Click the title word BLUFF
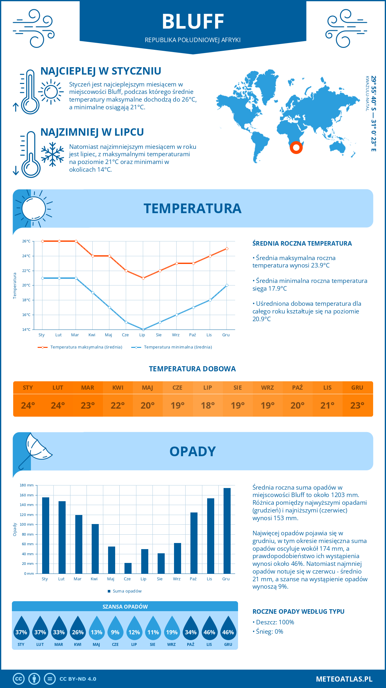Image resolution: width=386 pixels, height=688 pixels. click(193, 22)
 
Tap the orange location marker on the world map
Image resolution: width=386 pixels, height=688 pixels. click(296, 148)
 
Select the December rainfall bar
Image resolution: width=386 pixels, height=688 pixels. click(227, 530)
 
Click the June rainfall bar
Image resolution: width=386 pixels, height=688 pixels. click(128, 568)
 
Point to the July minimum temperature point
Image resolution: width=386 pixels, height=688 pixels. click(143, 330)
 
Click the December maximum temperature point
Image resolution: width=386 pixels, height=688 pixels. click(227, 249)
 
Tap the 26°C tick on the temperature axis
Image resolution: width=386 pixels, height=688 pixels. click(26, 241)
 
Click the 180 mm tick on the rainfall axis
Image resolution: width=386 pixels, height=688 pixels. click(27, 485)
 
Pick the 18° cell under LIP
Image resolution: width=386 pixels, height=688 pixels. click(207, 405)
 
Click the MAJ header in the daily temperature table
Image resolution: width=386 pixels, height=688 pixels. click(148, 388)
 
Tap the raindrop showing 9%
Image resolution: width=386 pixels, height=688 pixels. click(115, 630)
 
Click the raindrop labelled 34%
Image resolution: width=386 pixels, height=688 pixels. click(190, 630)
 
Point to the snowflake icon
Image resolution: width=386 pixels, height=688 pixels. click(52, 154)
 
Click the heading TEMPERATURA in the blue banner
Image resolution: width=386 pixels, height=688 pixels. click(192, 208)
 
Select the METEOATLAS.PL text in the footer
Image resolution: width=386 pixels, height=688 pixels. click(344, 679)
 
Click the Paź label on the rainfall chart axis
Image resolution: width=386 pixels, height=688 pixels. click(193, 579)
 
